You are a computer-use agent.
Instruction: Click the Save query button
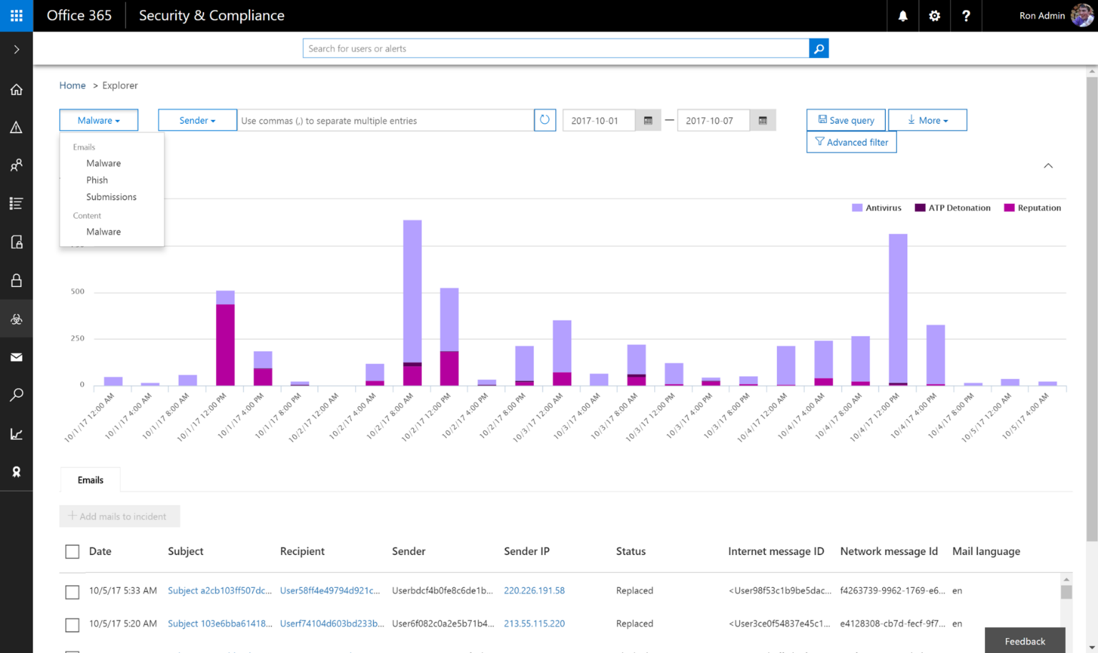point(846,120)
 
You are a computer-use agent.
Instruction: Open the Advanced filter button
point(851,142)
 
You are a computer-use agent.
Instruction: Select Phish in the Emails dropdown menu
point(97,180)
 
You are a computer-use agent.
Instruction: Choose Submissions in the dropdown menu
point(111,197)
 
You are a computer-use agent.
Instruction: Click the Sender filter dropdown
point(197,120)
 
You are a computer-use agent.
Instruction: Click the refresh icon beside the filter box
point(545,120)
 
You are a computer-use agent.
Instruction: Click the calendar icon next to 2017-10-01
point(648,120)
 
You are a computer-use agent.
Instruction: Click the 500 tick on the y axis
point(77,291)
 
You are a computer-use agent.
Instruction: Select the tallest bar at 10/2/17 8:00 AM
point(412,293)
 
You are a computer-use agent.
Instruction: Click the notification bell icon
point(903,16)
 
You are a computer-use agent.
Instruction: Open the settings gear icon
point(934,16)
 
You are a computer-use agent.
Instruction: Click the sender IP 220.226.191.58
point(534,591)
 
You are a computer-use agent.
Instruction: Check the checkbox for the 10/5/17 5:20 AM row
point(72,624)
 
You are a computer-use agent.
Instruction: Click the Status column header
point(630,551)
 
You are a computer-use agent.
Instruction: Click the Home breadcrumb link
point(72,85)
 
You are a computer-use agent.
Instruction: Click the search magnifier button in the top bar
point(818,49)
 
